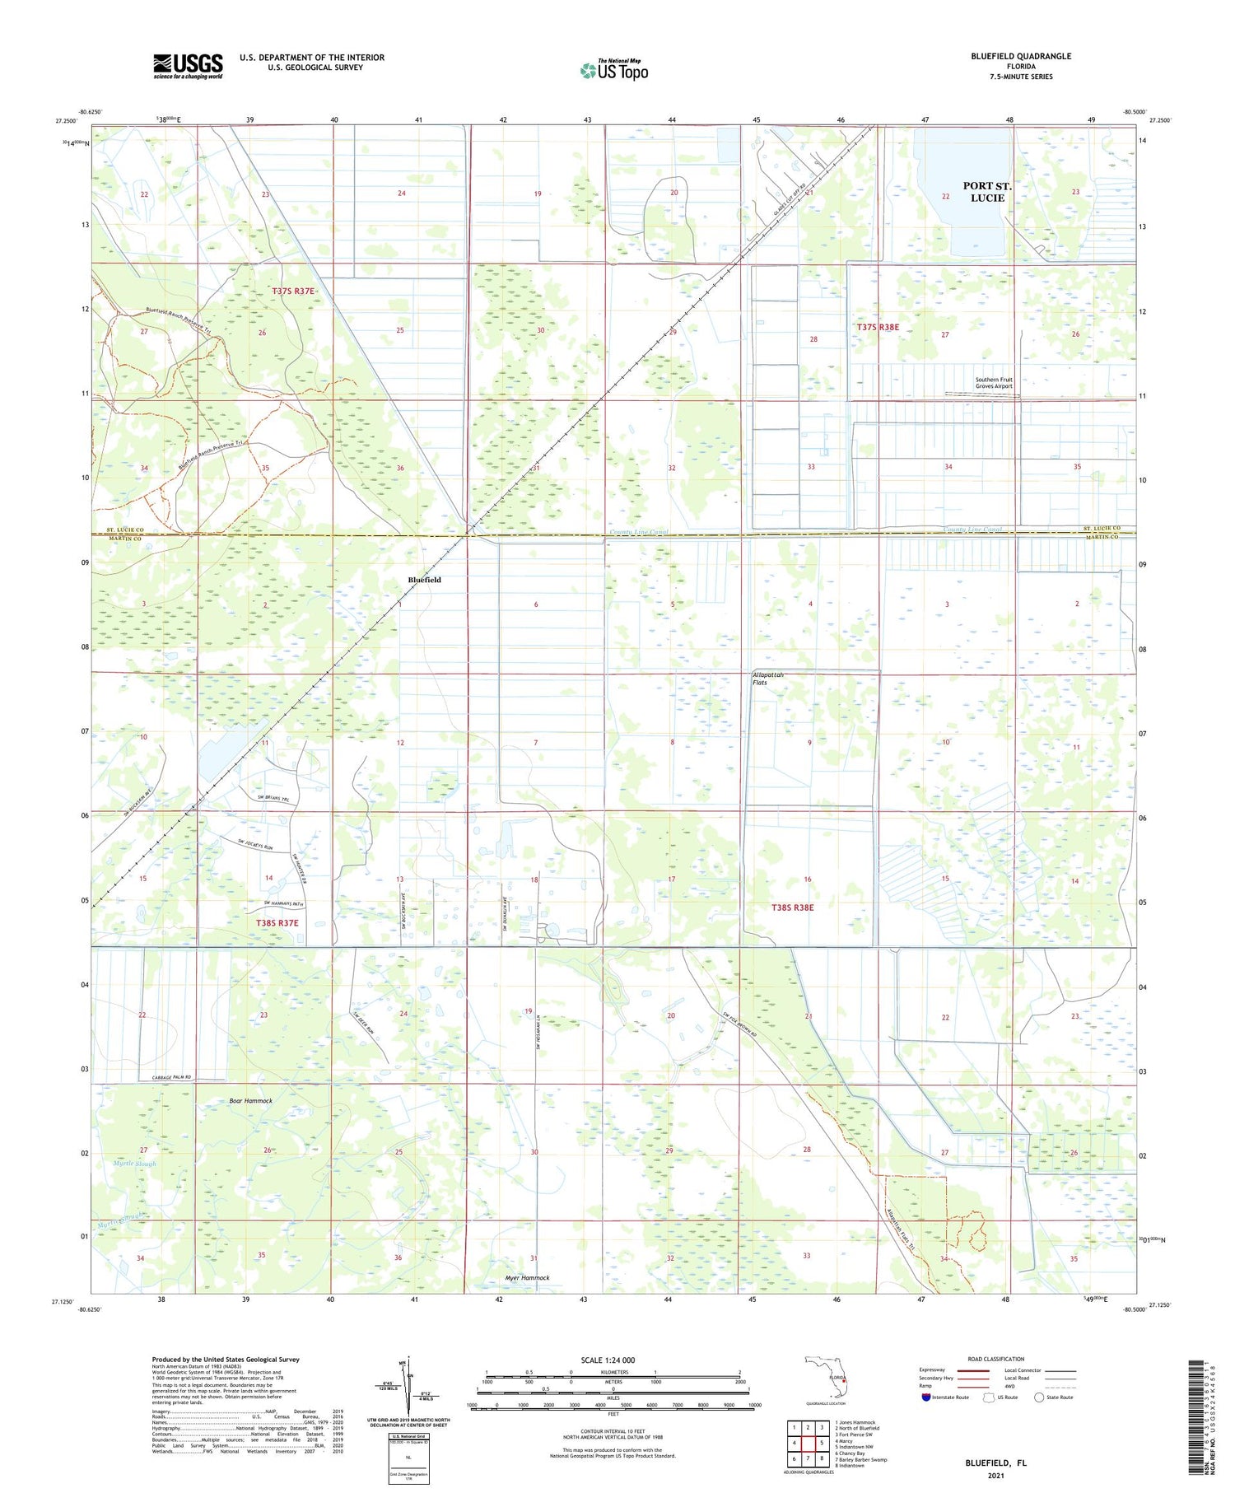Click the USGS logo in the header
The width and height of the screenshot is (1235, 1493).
188,66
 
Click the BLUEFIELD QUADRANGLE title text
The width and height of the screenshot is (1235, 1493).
1021,56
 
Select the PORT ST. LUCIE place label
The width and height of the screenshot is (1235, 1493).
986,192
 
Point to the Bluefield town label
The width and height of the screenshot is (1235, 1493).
424,580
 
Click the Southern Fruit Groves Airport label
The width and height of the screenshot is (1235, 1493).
994,383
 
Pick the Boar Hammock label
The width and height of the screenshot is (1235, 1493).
250,1100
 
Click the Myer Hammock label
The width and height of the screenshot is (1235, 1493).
526,1278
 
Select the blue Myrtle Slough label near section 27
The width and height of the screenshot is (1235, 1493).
134,1164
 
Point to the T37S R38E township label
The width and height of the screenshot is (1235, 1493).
878,327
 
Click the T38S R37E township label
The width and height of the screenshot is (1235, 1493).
277,923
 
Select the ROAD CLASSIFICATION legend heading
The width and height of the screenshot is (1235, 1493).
996,1359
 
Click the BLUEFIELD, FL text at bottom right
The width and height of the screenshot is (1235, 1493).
996,1463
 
